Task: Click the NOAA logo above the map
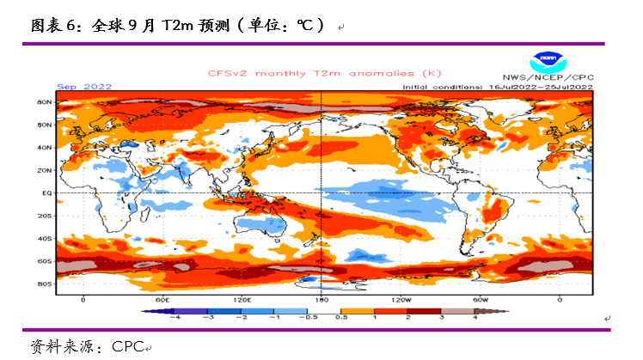[545, 62]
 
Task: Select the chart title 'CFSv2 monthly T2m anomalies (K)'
[312, 74]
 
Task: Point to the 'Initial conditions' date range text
[498, 87]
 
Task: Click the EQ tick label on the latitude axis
[48, 193]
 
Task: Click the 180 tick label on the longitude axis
[321, 300]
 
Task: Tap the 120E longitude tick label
[242, 300]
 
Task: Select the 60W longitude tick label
[481, 300]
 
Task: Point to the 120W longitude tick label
[401, 300]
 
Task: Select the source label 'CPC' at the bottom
[126, 347]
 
